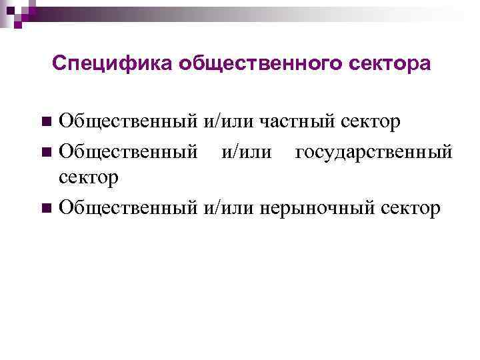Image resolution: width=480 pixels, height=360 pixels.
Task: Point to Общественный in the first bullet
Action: (127, 122)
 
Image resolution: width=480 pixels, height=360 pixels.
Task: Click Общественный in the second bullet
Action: (127, 152)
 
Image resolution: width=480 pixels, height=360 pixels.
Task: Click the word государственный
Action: (373, 152)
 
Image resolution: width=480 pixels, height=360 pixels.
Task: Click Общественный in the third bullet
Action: (127, 208)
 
